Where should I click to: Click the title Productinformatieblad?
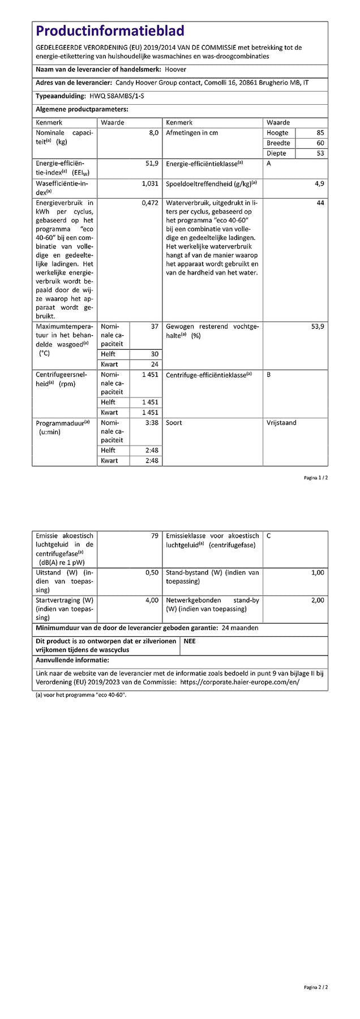point(110,31)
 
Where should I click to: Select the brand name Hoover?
point(175,70)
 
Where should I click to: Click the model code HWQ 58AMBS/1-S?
point(117,96)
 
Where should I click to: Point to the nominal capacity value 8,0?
point(153,133)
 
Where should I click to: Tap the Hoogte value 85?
point(320,133)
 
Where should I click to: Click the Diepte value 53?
point(320,153)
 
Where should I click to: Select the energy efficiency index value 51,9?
point(152,164)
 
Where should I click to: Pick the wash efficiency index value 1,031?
point(150,184)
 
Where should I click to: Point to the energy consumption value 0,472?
point(150,203)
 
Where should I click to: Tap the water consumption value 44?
point(320,203)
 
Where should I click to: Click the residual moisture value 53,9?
point(318,327)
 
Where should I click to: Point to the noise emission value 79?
point(155,536)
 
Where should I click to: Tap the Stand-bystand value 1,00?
point(318,573)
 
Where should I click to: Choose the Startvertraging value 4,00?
point(152,600)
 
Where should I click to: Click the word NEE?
point(190,641)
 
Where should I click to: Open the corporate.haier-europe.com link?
point(239,682)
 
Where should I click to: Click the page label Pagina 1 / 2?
point(316,478)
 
